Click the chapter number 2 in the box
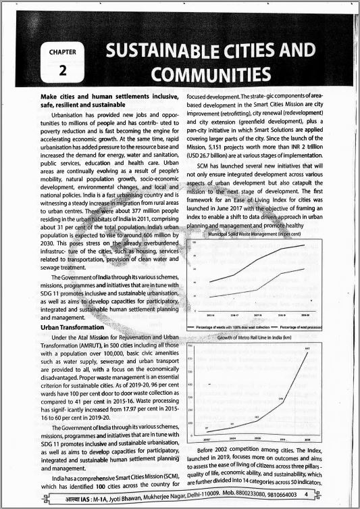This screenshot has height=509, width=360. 61,70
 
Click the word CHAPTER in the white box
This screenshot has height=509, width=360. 61,51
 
